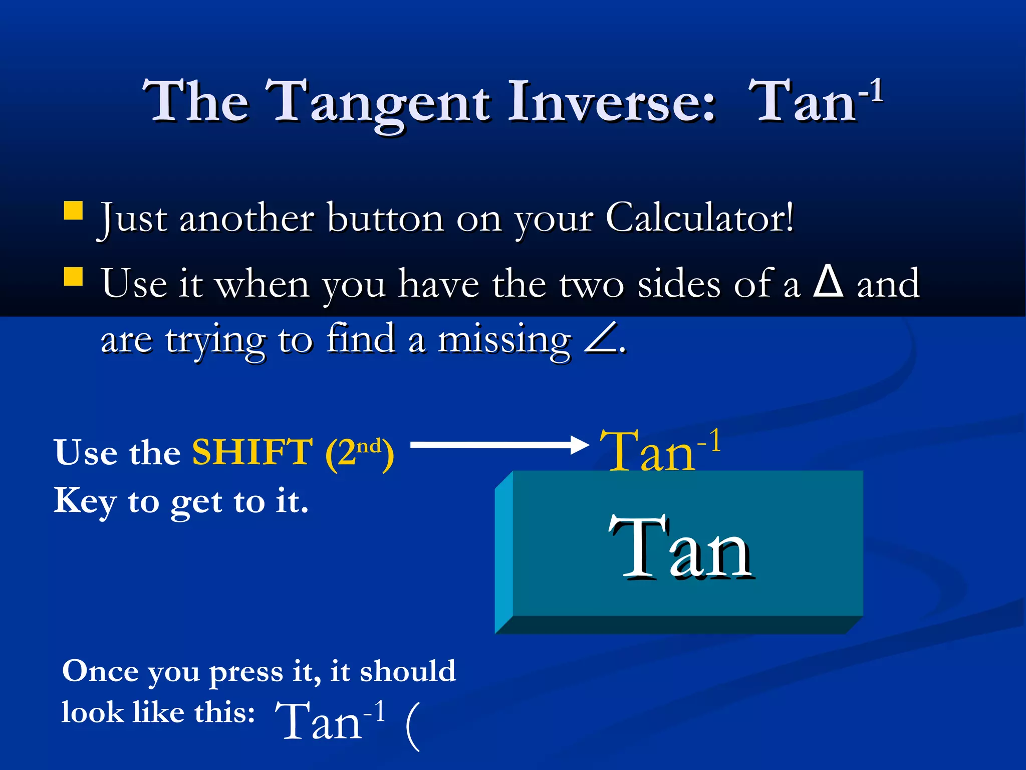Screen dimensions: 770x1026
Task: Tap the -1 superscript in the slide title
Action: click(871, 90)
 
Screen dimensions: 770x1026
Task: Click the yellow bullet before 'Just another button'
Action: click(73, 211)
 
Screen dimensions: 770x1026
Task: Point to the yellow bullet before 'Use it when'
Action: click(73, 276)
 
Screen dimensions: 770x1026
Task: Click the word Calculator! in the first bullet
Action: click(699, 219)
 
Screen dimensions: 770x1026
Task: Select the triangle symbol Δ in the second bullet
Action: click(828, 282)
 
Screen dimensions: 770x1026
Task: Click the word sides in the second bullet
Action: click(679, 284)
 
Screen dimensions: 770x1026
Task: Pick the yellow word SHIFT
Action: click(253, 452)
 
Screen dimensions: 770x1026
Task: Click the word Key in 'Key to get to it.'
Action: click(84, 501)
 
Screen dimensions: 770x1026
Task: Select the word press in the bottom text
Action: click(245, 672)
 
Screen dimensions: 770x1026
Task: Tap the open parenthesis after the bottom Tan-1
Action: click(412, 725)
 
